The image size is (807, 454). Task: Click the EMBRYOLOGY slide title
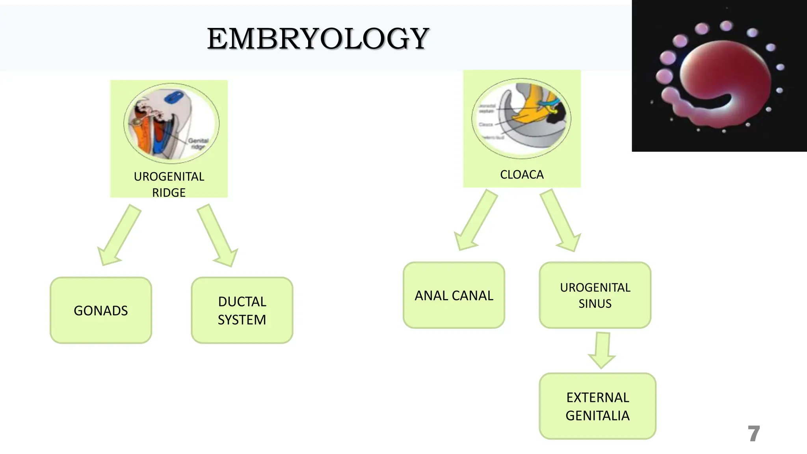click(x=318, y=39)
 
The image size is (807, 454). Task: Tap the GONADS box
click(x=101, y=311)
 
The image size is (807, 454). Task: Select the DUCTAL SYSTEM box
click(x=242, y=311)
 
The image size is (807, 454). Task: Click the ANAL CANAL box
click(x=454, y=295)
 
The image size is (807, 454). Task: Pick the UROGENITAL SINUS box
click(x=595, y=295)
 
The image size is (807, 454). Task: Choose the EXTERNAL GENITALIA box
click(x=597, y=406)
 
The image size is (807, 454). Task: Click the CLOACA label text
click(x=522, y=174)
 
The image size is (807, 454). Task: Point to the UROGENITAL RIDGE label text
click(x=169, y=184)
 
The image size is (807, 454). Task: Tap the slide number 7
click(x=753, y=434)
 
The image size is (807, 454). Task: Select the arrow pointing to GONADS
click(x=119, y=235)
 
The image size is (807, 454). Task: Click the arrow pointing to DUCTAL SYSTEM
click(x=218, y=236)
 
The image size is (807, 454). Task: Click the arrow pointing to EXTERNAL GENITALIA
click(x=602, y=350)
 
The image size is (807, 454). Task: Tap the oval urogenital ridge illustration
click(x=171, y=123)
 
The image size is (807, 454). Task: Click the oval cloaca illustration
click(x=521, y=118)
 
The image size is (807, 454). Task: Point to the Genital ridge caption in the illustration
click(x=198, y=143)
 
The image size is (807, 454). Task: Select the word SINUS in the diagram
click(x=595, y=303)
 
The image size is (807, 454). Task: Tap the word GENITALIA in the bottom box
click(x=597, y=415)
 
